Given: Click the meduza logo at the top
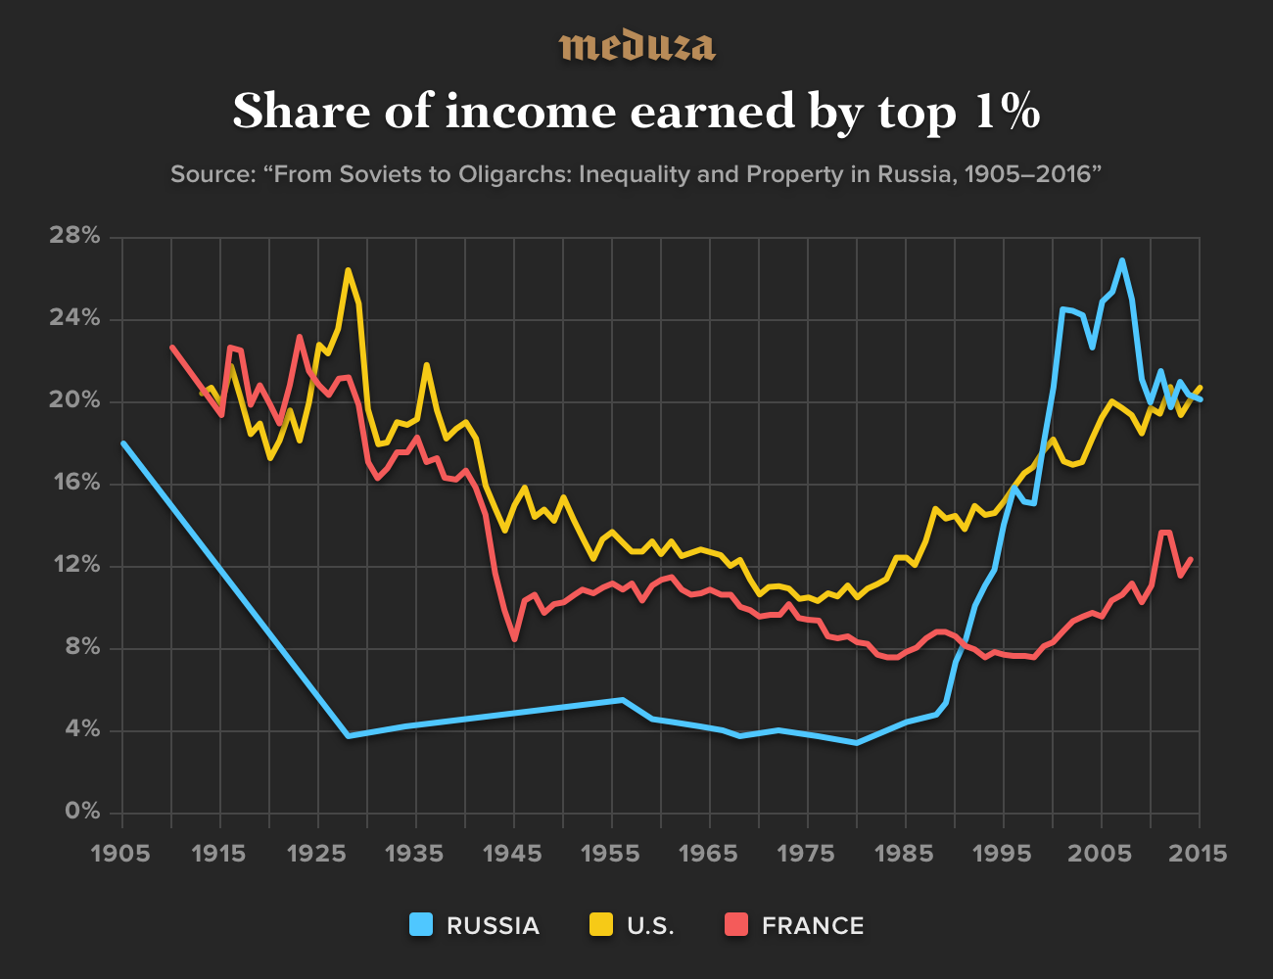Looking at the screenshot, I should (636, 46).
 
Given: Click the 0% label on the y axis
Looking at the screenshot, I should (83, 812).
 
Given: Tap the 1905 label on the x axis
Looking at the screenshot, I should (121, 853).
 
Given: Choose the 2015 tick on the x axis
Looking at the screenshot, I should (1199, 853).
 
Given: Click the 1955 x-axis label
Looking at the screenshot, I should (611, 853).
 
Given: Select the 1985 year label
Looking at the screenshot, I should (905, 853).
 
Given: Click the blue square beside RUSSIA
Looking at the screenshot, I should (421, 924).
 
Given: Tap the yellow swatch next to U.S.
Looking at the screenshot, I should (600, 924).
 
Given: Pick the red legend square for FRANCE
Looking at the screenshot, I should (735, 924).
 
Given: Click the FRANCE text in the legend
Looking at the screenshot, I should (813, 925).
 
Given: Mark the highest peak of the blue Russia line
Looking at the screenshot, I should (1121, 260).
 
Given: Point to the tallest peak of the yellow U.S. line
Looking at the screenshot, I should (348, 270).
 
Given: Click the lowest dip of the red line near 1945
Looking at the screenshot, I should (514, 639).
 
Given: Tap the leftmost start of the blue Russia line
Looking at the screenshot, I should (122, 443).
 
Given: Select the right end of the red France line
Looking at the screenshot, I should (1191, 559).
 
